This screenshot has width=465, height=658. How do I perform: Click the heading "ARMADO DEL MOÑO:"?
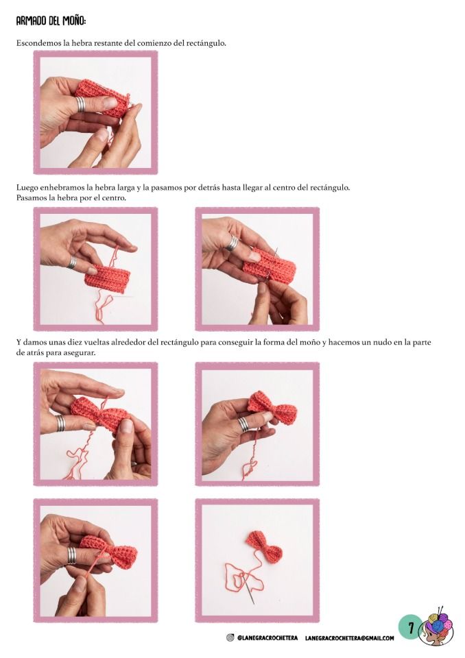coord(51,21)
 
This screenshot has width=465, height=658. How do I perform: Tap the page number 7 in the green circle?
coord(412,628)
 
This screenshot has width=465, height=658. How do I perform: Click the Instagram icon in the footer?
coord(230,638)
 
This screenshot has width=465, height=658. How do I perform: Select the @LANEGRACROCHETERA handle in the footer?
coord(267,638)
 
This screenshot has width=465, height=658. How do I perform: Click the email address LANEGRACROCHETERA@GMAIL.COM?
coord(350,638)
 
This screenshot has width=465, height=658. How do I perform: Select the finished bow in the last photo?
coord(265,547)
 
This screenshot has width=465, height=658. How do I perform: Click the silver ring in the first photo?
coord(80,104)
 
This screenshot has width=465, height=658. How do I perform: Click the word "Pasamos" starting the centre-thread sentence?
coord(30,197)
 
